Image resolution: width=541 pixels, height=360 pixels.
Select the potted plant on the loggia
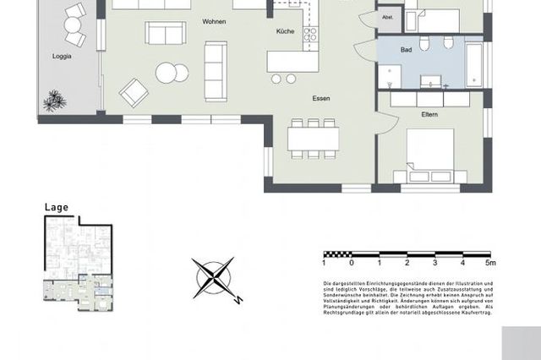pos(56,101)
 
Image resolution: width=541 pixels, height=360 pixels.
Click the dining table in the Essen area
pos(314,136)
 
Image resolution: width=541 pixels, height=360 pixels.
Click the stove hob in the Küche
pos(309,35)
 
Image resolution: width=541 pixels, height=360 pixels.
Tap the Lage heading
pos(56,207)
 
